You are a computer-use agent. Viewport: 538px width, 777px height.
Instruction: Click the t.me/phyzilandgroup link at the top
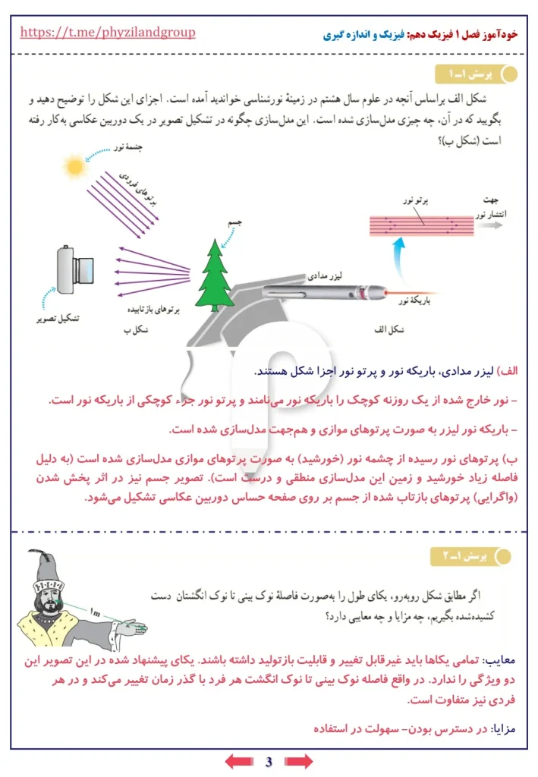coord(107,33)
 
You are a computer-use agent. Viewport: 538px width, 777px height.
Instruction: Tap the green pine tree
coord(215,272)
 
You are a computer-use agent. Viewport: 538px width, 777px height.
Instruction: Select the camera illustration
coord(76,270)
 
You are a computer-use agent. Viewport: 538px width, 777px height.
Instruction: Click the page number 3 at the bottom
coord(269,761)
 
